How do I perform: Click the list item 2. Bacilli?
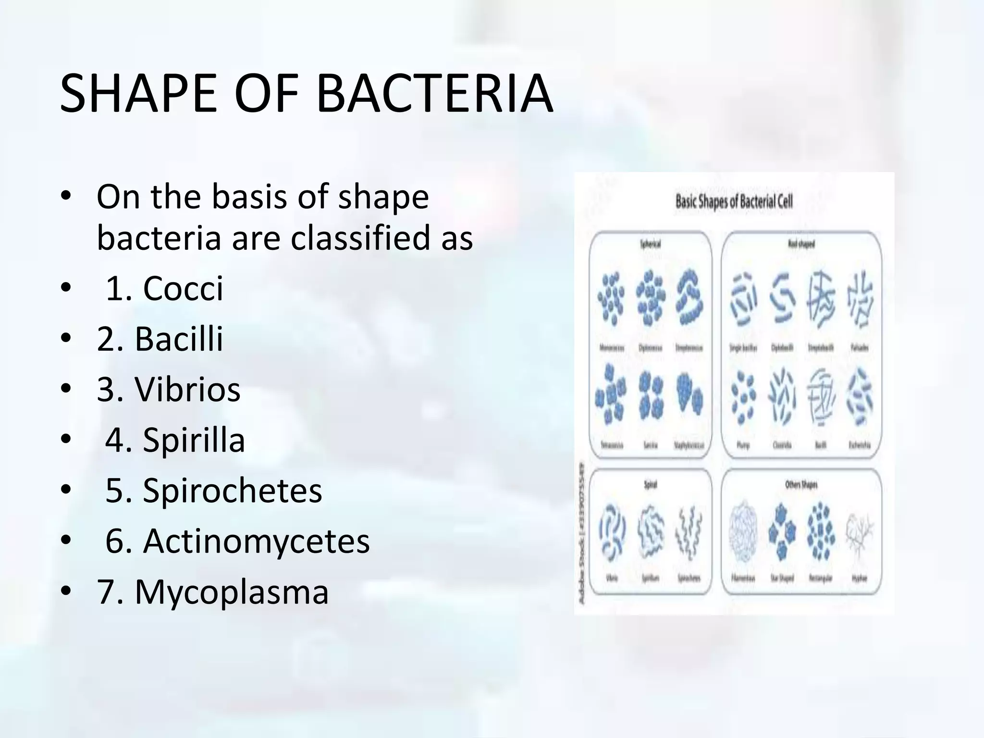click(160, 339)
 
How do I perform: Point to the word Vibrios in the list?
click(187, 389)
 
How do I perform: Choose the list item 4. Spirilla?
click(175, 440)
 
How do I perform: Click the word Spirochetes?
click(232, 491)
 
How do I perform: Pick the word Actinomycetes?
click(256, 541)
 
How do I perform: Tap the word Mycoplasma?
click(232, 591)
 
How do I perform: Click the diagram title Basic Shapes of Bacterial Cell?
click(734, 201)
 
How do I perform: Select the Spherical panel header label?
click(650, 244)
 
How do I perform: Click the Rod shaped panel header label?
click(801, 244)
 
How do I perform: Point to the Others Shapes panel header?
click(801, 485)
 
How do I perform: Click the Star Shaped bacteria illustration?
click(782, 534)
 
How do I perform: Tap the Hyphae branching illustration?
click(860, 536)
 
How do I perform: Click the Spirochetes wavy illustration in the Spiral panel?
click(689, 534)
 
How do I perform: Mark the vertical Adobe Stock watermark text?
click(582, 534)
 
